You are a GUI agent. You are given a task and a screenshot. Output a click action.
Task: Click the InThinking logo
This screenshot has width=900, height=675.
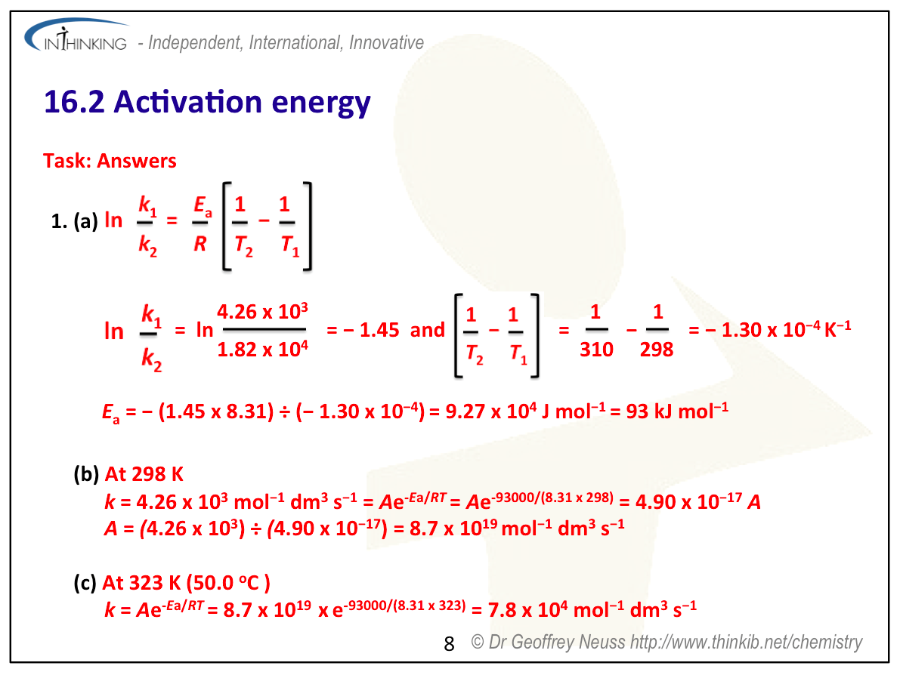tap(76, 35)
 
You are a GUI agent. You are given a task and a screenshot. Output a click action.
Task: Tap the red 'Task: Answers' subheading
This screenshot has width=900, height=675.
tap(110, 161)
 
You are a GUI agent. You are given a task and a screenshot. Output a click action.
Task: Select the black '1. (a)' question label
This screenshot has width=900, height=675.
tap(75, 220)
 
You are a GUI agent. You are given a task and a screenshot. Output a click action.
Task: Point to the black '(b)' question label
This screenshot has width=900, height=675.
tap(87, 474)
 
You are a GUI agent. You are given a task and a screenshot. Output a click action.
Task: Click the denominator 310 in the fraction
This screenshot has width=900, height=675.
tap(596, 350)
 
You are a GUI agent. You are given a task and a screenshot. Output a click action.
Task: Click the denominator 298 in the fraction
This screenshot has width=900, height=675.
tap(657, 350)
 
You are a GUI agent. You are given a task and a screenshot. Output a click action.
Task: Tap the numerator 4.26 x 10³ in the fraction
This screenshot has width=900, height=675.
tap(262, 311)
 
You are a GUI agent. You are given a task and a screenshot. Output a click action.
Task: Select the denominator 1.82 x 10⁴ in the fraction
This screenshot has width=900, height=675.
tap(262, 349)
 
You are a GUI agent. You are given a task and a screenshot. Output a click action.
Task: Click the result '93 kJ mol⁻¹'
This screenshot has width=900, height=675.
tap(677, 411)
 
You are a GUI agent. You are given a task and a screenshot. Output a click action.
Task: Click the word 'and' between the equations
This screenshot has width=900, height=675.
tap(428, 330)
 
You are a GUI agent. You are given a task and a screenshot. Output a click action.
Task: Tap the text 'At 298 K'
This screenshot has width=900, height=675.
tap(144, 474)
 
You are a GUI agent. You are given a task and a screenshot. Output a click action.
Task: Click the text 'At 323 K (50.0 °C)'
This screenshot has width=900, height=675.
tap(186, 583)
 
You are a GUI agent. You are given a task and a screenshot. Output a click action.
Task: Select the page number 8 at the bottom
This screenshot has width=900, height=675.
tap(449, 644)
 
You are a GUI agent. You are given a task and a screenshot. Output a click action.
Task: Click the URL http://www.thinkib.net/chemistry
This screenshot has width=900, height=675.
tap(746, 642)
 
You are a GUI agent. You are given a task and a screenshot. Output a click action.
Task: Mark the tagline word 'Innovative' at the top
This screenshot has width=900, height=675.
tap(386, 42)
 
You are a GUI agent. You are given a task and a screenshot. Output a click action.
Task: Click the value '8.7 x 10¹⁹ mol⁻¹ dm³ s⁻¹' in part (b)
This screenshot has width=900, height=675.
tap(517, 528)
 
